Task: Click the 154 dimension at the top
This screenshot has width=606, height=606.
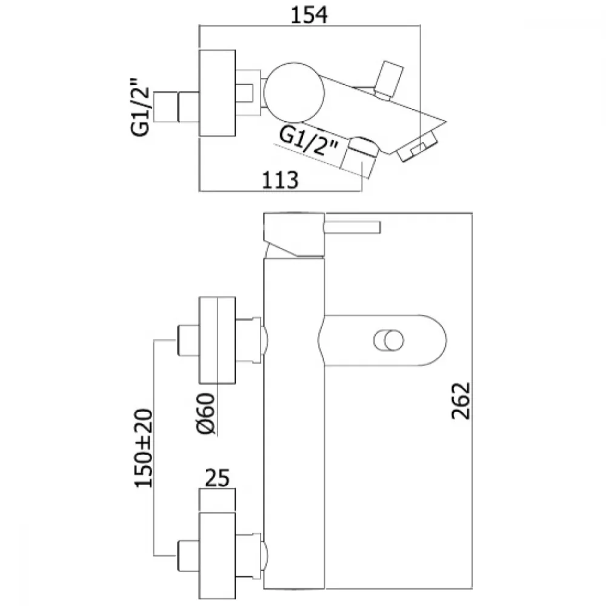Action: [x=309, y=16]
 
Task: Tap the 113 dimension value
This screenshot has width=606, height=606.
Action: [x=280, y=180]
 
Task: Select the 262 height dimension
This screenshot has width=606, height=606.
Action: [x=461, y=401]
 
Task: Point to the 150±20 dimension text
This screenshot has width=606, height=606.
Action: [x=144, y=448]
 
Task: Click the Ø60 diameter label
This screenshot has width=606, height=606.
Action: [x=206, y=413]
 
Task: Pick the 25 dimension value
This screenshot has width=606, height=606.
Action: [x=217, y=478]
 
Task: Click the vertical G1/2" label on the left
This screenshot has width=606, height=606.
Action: [x=140, y=107]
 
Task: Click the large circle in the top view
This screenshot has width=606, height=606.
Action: [x=294, y=93]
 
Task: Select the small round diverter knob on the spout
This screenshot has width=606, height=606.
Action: [x=389, y=341]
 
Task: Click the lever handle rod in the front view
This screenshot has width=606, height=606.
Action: [x=353, y=227]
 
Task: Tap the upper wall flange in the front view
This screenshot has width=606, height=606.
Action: [x=217, y=341]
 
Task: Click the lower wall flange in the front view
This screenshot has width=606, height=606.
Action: [x=217, y=556]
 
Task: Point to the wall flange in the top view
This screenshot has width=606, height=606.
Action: [x=217, y=93]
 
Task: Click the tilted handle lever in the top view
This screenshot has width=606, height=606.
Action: [x=389, y=81]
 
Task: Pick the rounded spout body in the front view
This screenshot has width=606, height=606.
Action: [x=382, y=341]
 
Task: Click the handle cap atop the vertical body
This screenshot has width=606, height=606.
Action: [x=294, y=234]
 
